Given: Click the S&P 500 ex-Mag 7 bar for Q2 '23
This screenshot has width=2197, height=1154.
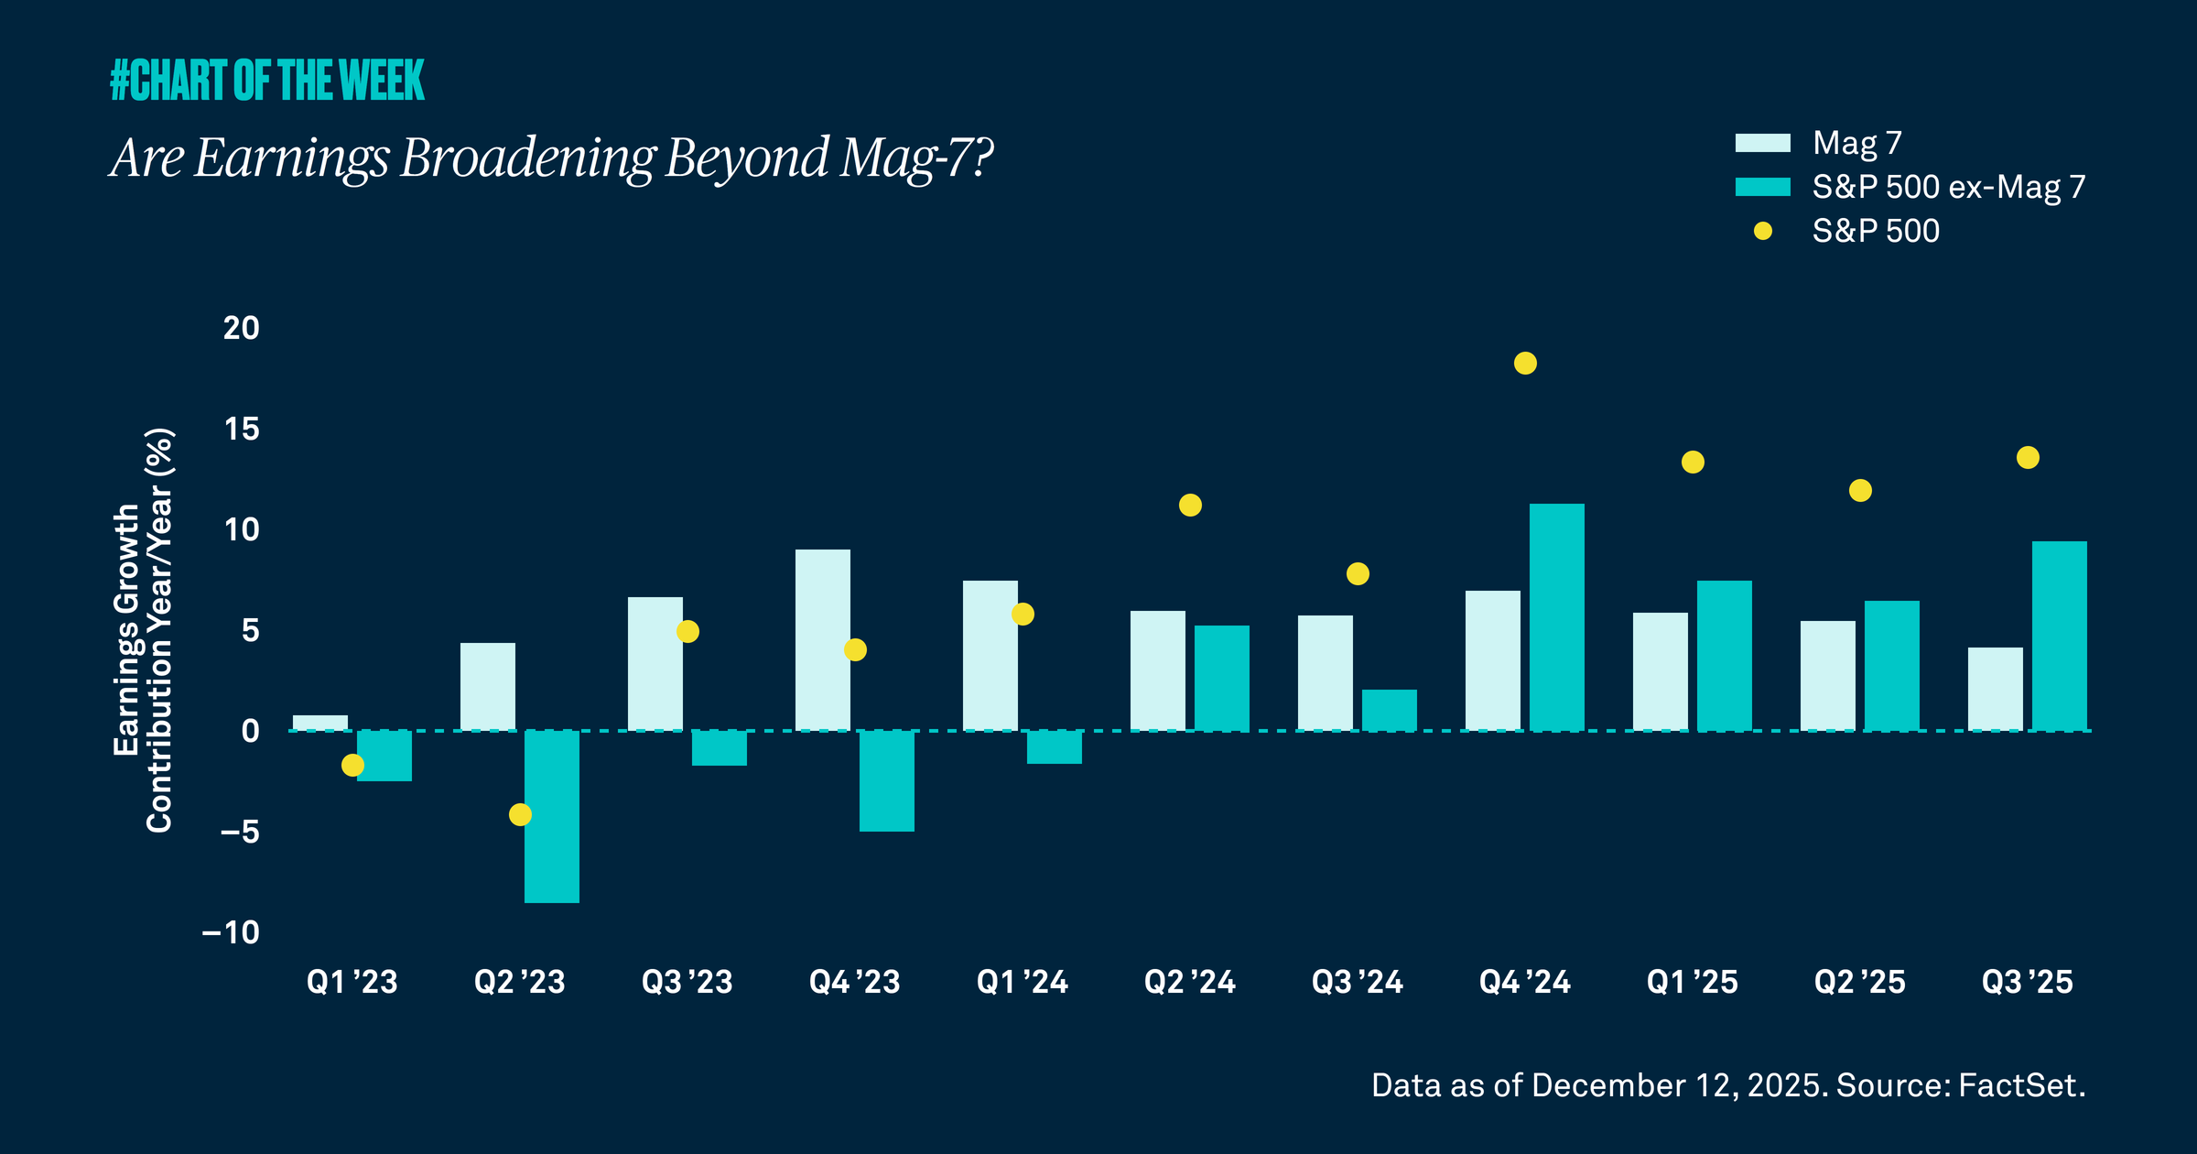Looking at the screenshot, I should click(x=551, y=816).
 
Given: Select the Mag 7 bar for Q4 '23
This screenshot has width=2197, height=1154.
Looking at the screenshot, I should click(x=822, y=640).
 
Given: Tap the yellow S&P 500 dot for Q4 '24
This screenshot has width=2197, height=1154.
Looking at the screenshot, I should click(x=1525, y=364).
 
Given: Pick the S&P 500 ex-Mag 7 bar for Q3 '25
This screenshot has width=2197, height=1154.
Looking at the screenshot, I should click(x=2059, y=636).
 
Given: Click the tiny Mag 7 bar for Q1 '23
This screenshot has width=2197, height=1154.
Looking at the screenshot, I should click(x=319, y=723).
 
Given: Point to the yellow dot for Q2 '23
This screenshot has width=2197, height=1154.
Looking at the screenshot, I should click(x=520, y=814).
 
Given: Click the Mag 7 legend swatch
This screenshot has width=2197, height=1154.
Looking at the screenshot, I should click(x=1762, y=143).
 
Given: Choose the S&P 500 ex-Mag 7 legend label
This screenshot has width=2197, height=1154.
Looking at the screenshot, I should click(x=1948, y=187).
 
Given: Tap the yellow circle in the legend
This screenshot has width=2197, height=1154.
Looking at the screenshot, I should click(x=1762, y=231).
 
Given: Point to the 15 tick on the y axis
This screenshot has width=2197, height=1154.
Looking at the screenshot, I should click(x=242, y=429).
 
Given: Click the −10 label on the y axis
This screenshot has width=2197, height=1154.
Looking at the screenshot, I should click(x=232, y=932).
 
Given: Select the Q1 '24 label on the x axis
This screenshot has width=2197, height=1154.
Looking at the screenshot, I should click(x=1022, y=982).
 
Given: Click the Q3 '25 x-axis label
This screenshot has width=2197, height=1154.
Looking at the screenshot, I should click(x=2027, y=982).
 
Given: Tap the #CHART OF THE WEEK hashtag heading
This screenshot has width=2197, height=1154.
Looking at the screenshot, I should click(x=267, y=81).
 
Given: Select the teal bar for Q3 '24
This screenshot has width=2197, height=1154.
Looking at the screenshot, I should click(x=1389, y=710).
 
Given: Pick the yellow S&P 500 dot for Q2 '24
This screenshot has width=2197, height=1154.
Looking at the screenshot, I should click(x=1190, y=506).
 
